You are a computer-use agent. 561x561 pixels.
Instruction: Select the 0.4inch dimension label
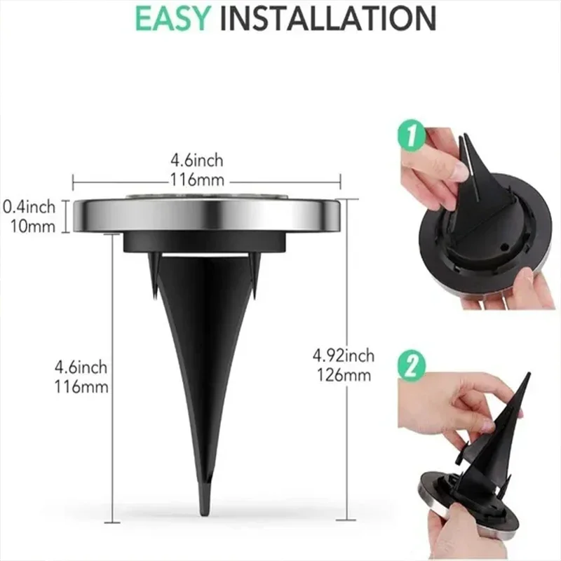click(29, 207)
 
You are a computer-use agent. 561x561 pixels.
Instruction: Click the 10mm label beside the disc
click(32, 226)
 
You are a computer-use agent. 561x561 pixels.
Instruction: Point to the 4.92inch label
click(344, 356)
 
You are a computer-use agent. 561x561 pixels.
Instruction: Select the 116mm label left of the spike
click(83, 386)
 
